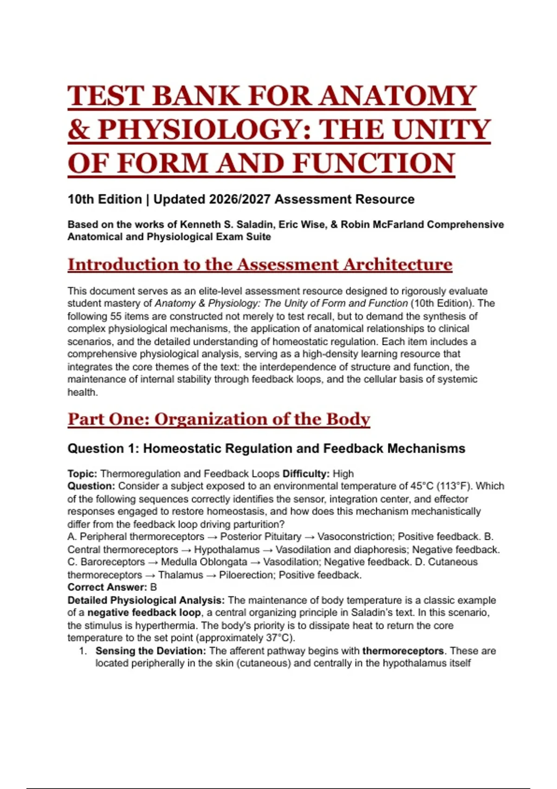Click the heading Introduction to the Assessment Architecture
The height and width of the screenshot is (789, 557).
[x=260, y=265]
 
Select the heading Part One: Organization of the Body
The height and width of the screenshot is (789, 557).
[x=219, y=419]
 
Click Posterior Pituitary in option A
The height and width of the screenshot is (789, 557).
[x=260, y=537]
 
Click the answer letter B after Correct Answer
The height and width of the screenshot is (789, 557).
[x=154, y=588]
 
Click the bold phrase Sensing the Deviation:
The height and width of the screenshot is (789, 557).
[x=151, y=651]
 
